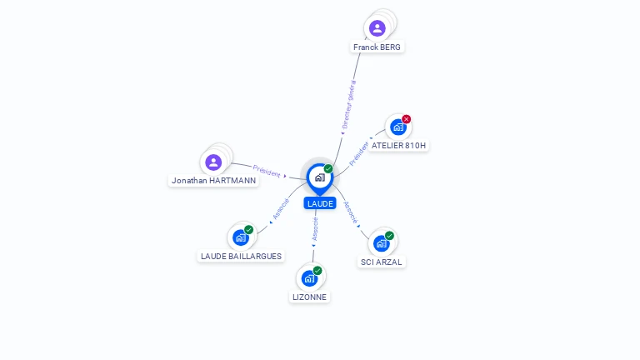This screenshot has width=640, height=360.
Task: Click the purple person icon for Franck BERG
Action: [377, 28]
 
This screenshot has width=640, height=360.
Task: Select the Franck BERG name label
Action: [377, 47]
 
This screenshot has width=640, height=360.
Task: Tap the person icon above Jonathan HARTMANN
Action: [213, 162]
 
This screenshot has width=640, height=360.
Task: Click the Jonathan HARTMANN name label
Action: [214, 180]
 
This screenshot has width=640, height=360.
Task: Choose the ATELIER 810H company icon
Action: [397, 127]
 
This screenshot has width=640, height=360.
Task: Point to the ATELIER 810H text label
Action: [398, 145]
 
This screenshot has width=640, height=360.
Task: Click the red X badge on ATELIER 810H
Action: [407, 119]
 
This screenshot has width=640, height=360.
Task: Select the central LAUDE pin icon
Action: [319, 177]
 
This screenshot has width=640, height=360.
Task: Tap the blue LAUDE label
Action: [320, 203]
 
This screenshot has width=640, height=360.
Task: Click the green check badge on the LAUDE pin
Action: [328, 169]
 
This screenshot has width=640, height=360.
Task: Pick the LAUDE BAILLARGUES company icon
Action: [241, 237]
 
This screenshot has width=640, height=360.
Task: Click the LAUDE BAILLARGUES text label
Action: [242, 256]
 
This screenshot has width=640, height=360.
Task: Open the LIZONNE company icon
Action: [309, 278]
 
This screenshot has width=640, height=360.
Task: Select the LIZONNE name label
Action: [310, 297]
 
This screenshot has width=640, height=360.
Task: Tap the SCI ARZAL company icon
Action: [381, 243]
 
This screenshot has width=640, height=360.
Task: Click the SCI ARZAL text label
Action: [381, 262]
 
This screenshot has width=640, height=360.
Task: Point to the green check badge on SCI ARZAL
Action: [389, 236]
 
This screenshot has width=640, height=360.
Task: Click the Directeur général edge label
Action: [349, 105]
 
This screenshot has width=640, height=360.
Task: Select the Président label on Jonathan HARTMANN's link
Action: [267, 171]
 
